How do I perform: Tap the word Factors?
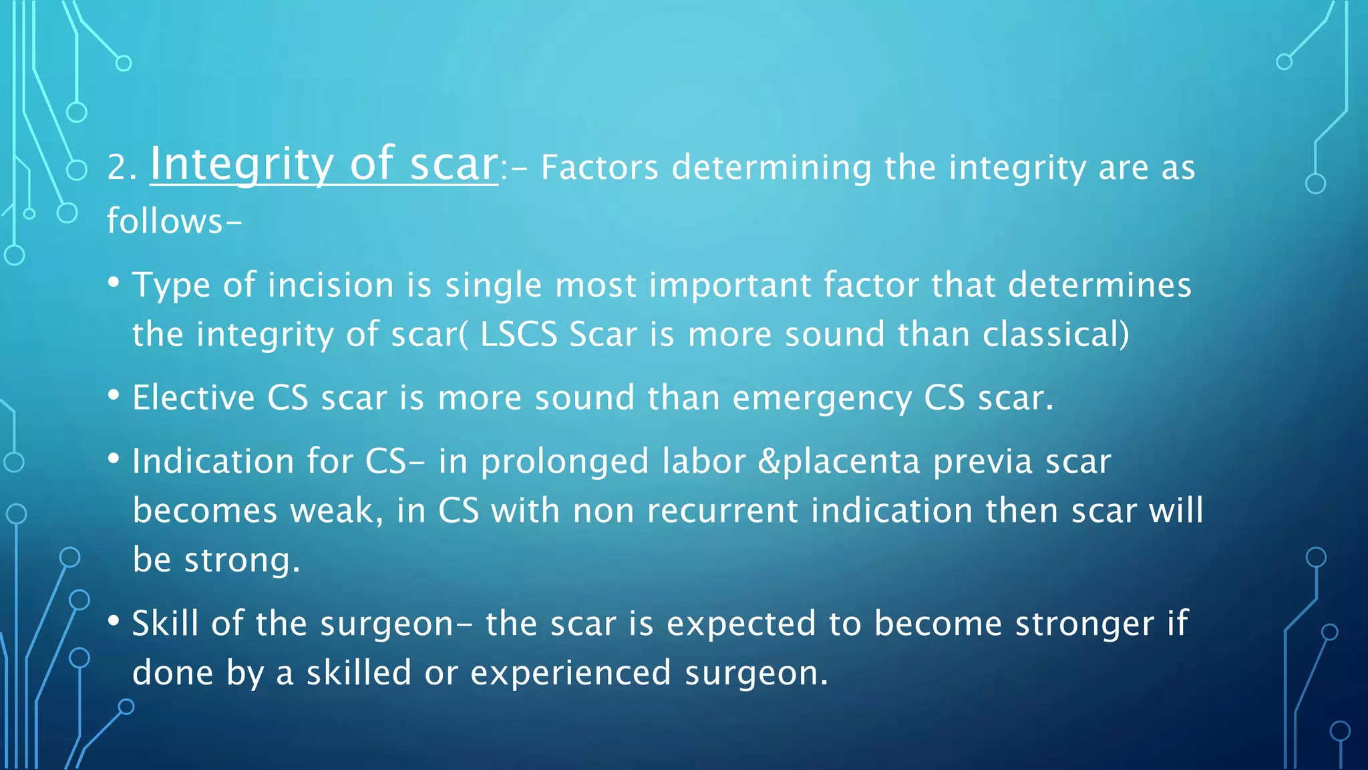(x=599, y=167)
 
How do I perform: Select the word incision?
(x=331, y=285)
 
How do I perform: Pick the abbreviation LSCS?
(x=518, y=334)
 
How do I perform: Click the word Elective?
(x=194, y=398)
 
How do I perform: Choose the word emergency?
(x=822, y=399)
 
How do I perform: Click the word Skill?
(x=165, y=623)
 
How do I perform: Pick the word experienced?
(x=570, y=673)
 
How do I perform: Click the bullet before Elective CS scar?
(x=114, y=395)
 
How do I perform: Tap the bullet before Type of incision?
(x=114, y=282)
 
